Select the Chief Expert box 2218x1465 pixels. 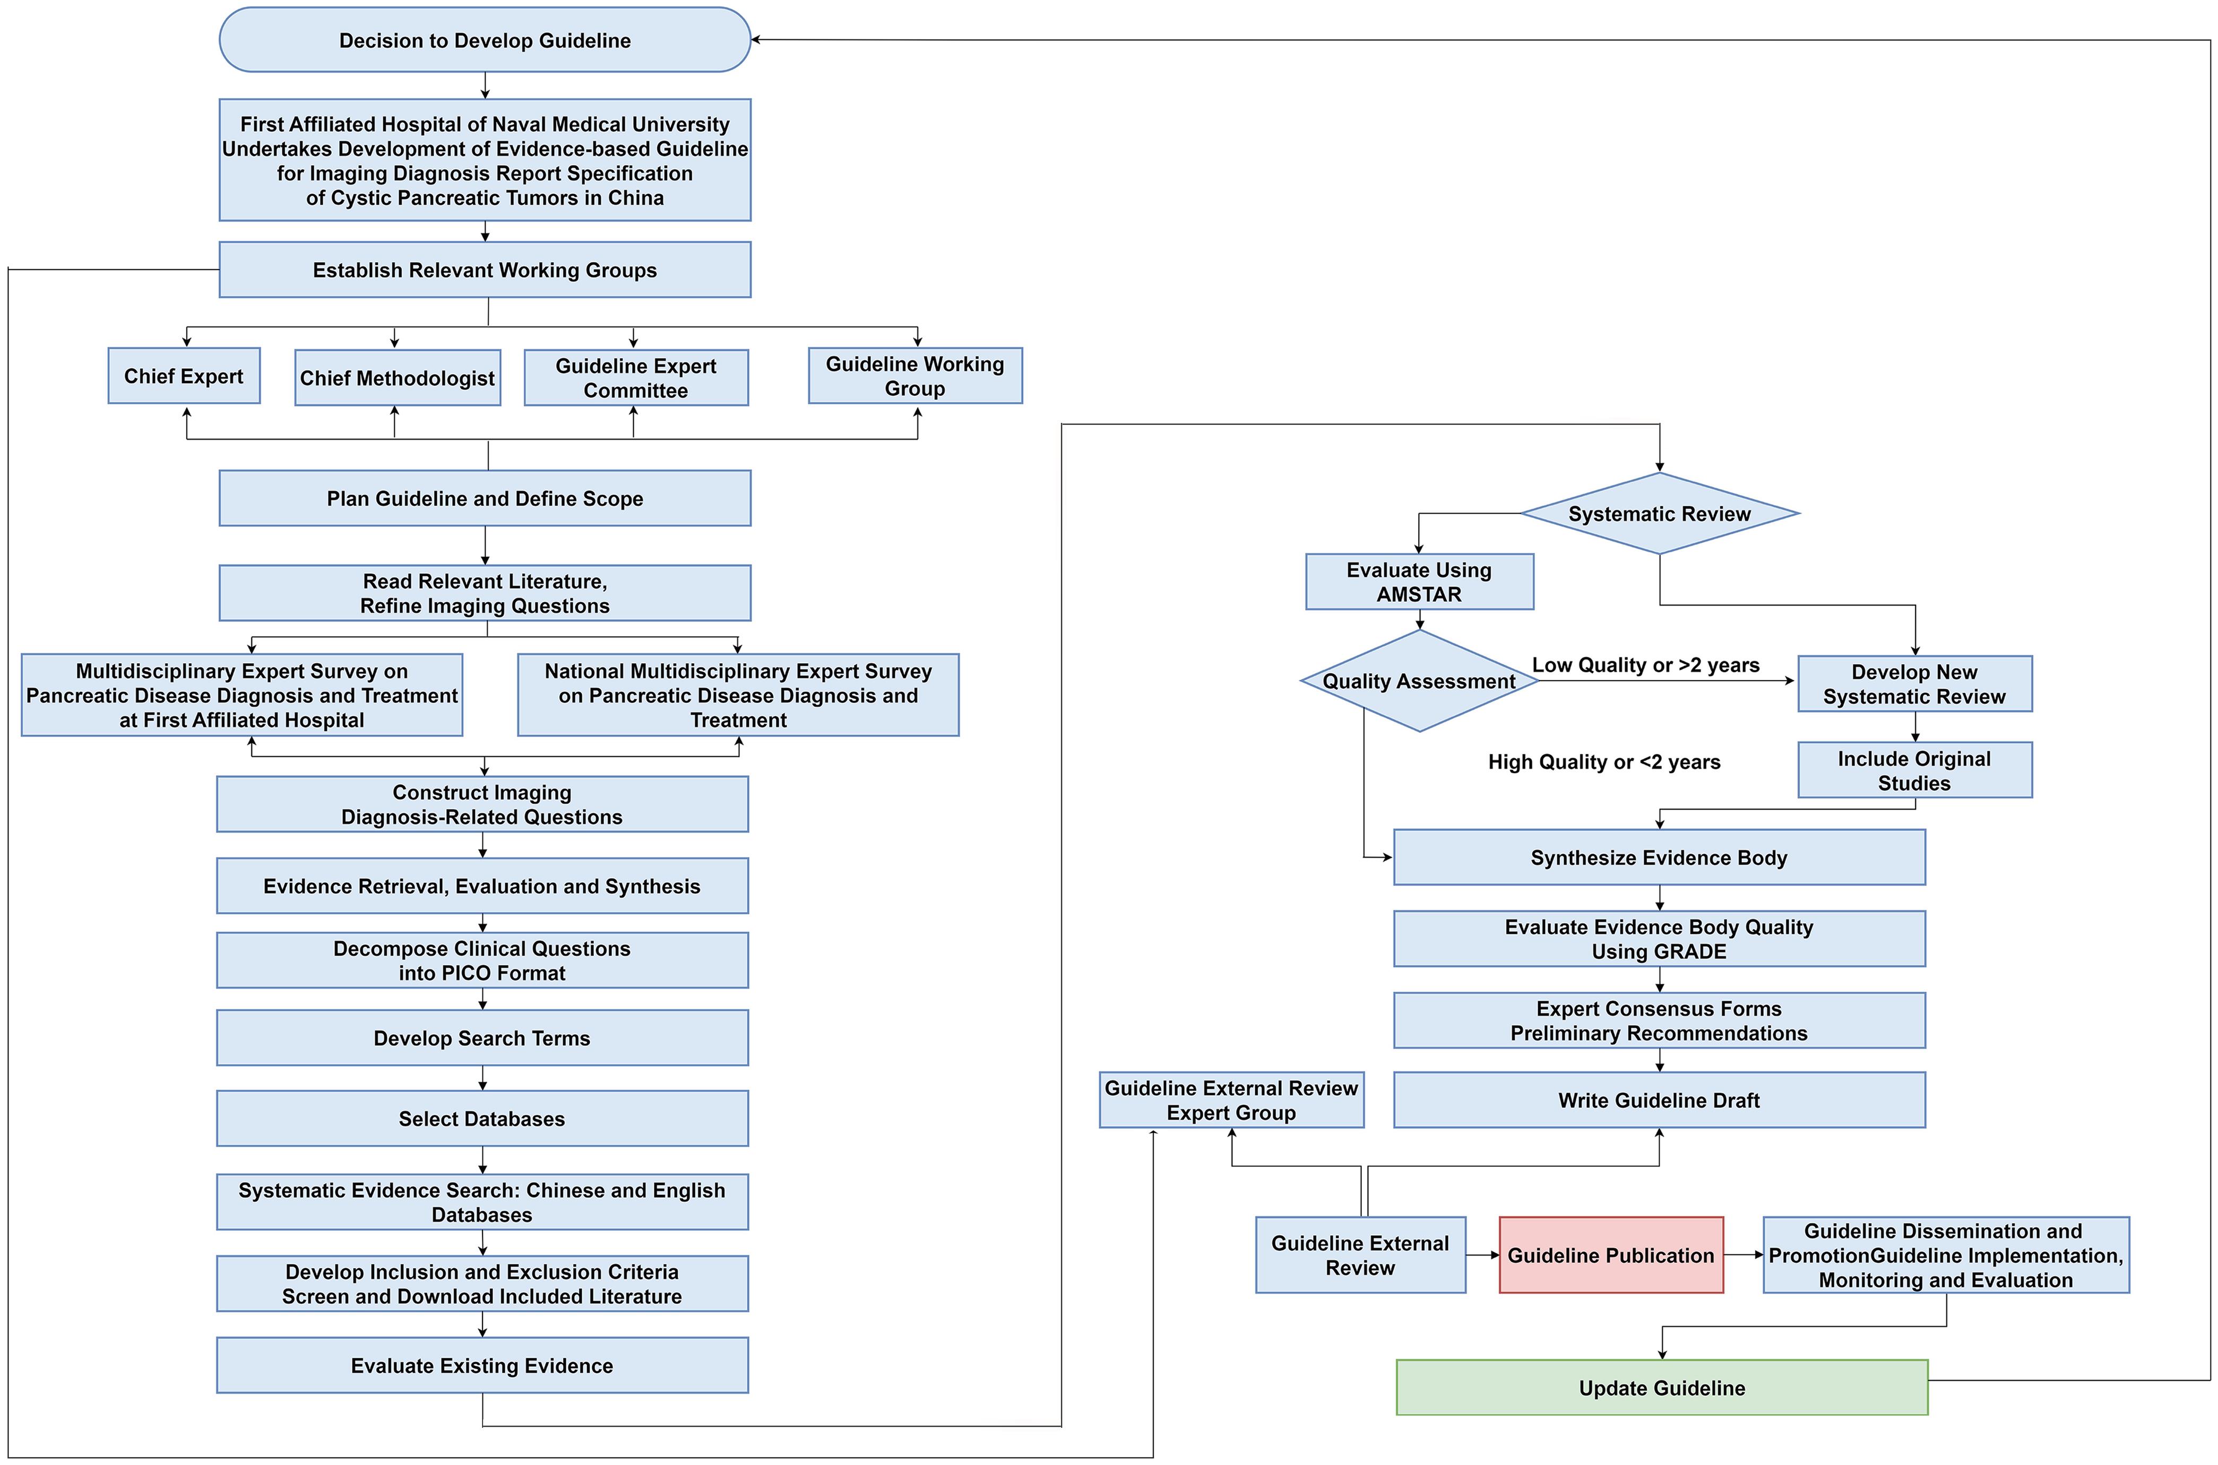(184, 376)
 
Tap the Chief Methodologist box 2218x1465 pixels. (397, 377)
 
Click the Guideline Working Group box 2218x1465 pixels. (914, 376)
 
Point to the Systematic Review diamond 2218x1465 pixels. (1659, 514)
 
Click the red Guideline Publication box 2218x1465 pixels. (1611, 1255)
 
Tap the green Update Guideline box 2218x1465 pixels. (1661, 1388)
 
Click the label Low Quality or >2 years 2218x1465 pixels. (1645, 665)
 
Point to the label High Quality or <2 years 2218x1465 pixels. (1603, 761)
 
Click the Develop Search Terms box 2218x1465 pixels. (482, 1038)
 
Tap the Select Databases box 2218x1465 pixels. (482, 1119)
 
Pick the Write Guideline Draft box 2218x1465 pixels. (1659, 1100)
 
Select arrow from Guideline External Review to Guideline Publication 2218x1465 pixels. (1482, 1255)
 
